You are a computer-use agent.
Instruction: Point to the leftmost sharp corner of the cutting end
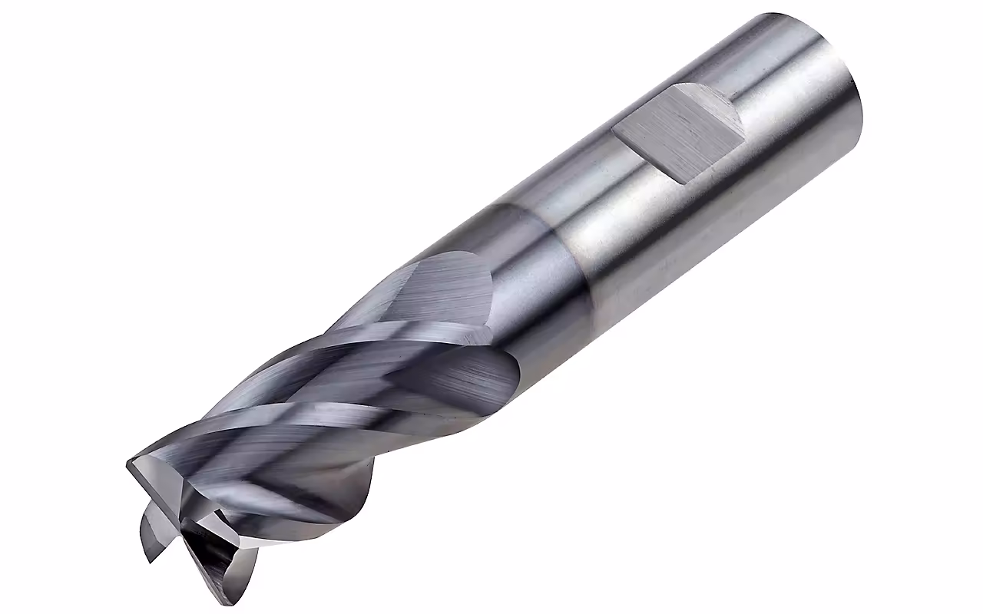pos(127,465)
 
